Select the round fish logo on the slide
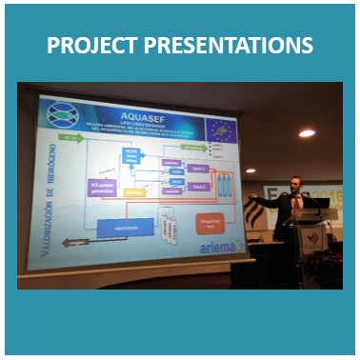61,114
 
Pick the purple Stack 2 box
197,187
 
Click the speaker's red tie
295,202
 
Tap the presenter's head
296,182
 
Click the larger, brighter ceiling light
306,132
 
